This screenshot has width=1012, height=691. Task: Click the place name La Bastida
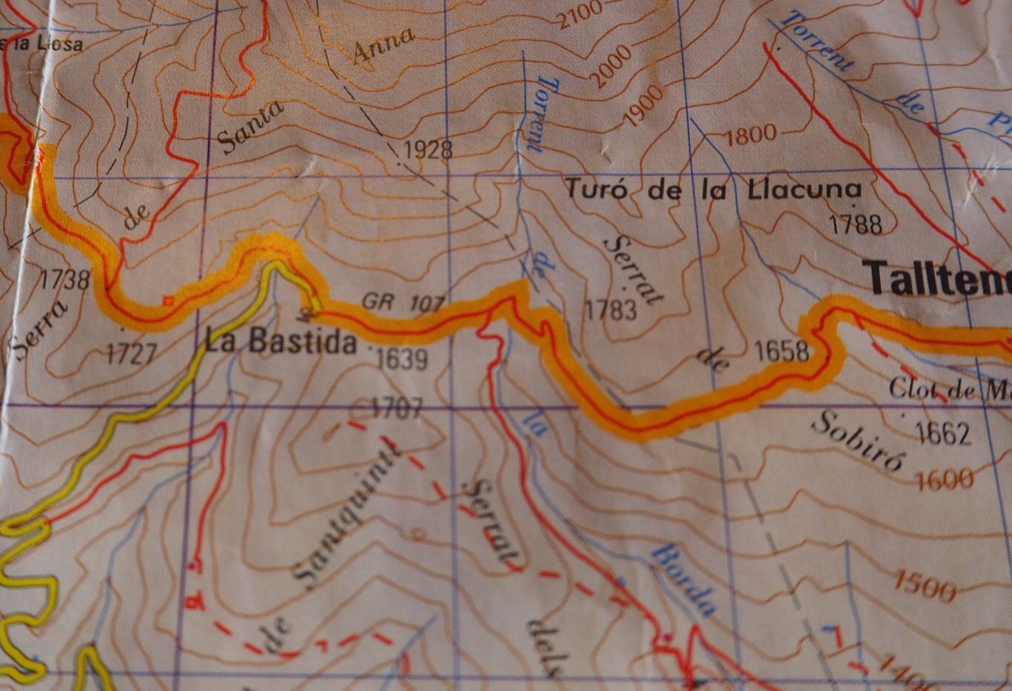280,342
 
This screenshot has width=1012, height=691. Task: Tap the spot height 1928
428,150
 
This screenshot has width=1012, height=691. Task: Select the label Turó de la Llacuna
714,190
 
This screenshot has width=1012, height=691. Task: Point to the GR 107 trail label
403,302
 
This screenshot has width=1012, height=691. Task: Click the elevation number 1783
611,310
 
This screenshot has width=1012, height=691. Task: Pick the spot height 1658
783,350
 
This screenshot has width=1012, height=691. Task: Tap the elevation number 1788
856,223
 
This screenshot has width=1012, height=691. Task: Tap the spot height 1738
64,279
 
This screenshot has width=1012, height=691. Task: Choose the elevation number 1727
132,354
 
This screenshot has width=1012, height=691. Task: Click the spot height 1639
401,360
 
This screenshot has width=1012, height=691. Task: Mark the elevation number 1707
397,407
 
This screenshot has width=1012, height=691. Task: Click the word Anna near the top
383,47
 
